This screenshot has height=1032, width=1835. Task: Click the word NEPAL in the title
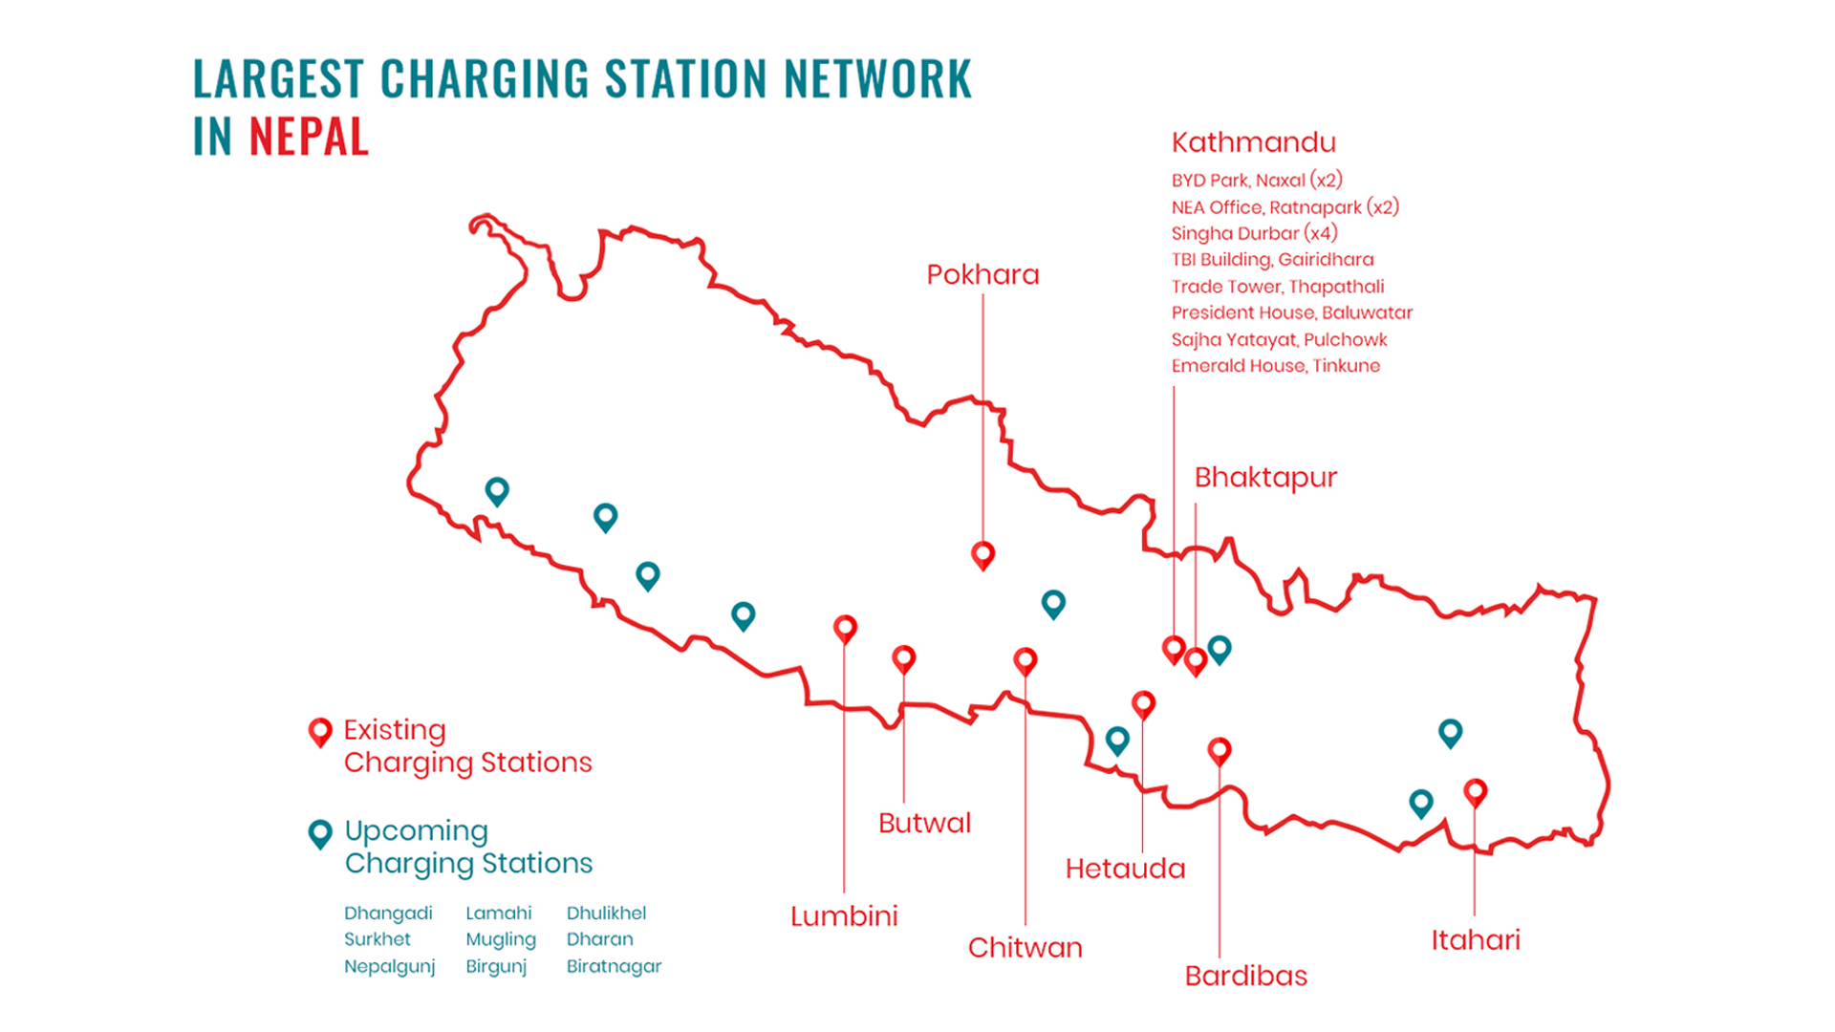click(308, 137)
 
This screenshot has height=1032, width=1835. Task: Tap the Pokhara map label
click(982, 275)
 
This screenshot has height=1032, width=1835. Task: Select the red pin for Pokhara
click(982, 554)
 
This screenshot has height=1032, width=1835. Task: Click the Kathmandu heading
click(1253, 142)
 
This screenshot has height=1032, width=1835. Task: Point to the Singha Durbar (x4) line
click(1254, 233)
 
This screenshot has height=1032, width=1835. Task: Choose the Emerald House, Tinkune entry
click(1275, 366)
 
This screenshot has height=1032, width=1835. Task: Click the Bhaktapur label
click(1265, 477)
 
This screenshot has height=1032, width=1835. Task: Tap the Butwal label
click(924, 823)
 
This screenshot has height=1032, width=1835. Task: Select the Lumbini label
click(844, 916)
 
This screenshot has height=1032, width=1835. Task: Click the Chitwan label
click(1025, 948)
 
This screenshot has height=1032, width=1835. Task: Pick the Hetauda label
click(1125, 869)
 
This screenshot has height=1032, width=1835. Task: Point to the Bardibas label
click(1245, 976)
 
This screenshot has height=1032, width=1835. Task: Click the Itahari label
click(1475, 940)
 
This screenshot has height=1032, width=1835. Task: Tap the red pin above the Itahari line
click(1475, 791)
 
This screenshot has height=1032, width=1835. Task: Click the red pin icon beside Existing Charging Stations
click(320, 732)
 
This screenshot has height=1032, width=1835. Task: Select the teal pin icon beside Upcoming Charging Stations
click(320, 833)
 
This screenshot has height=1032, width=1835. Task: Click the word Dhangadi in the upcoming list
click(388, 914)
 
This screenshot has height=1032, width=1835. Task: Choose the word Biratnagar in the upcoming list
click(614, 966)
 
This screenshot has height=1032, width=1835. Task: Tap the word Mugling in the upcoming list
click(501, 939)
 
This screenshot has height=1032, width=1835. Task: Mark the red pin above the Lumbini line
click(845, 628)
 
